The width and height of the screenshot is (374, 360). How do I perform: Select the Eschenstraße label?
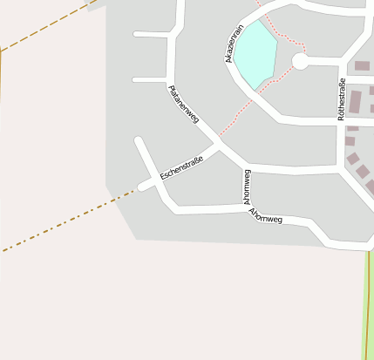[181, 166]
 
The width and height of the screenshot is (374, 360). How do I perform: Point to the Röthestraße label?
[341, 98]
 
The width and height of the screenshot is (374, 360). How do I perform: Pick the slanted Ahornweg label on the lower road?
[266, 216]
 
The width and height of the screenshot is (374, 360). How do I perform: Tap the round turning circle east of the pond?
[300, 61]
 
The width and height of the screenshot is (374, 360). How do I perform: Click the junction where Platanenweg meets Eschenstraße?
[219, 145]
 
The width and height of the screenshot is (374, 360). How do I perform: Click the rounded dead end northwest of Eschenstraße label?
[138, 139]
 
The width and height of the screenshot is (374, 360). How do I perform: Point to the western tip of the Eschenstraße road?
[140, 187]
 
